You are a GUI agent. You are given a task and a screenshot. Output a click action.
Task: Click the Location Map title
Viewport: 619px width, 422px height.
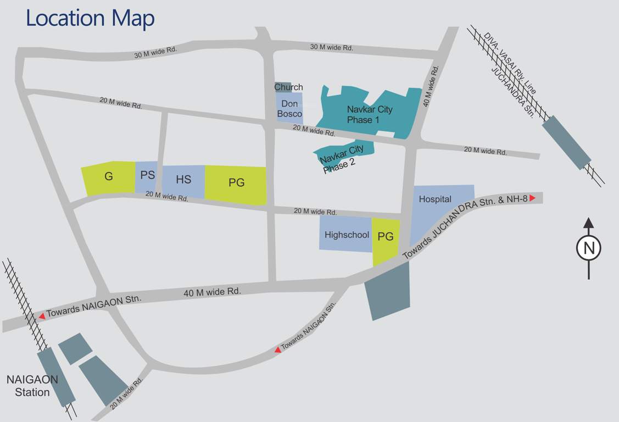point(90,18)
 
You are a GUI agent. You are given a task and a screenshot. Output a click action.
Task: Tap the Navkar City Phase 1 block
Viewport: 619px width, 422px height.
point(369,113)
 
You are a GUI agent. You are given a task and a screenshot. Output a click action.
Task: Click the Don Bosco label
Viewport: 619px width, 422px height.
point(289,108)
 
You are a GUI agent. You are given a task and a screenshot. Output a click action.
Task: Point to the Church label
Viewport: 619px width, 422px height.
point(288,87)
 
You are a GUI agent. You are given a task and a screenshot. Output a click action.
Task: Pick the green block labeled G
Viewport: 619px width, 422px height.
point(109,177)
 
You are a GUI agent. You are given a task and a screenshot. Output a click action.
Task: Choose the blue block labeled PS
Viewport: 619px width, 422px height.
point(147,176)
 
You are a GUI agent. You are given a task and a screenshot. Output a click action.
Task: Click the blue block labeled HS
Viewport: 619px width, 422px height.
point(183,180)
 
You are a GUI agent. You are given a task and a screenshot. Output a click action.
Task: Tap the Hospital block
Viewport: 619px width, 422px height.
point(435,199)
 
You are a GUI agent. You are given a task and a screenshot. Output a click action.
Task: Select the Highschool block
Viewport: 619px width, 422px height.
point(347,235)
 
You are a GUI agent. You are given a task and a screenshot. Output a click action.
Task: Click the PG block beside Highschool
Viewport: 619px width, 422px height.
point(386,237)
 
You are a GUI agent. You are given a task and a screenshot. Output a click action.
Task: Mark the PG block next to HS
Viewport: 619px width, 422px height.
point(236,183)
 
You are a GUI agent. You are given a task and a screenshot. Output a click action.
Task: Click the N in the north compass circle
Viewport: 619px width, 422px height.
point(589,248)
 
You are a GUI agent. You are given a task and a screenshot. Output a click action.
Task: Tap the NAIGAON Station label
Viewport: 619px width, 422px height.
point(32,386)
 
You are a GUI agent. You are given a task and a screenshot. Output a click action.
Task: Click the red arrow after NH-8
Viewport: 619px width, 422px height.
point(532,198)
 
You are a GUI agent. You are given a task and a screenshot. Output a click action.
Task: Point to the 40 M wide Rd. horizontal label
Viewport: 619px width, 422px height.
point(212,292)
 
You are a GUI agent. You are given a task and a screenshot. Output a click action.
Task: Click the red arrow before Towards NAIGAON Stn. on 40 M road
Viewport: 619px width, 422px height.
point(42,316)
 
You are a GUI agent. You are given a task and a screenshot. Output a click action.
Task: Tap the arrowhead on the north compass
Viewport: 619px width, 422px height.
point(589,223)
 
